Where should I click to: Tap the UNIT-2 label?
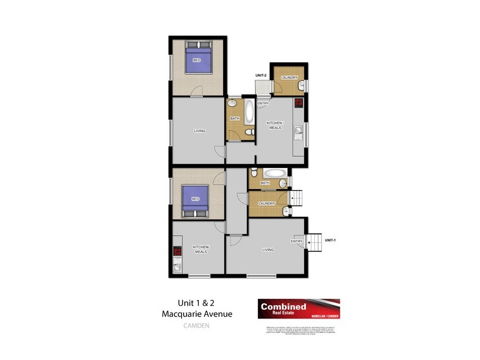click(x=260, y=75)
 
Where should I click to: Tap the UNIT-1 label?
click(x=330, y=240)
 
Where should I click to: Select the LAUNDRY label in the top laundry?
click(x=289, y=77)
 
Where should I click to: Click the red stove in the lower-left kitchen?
click(x=177, y=253)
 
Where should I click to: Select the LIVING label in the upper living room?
click(x=200, y=131)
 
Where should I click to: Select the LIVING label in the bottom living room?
click(x=268, y=250)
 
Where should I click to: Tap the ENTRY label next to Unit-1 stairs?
click(x=296, y=241)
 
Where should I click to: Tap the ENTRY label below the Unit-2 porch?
click(x=263, y=104)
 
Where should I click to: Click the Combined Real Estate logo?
click(x=299, y=310)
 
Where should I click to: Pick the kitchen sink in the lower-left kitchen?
click(x=177, y=268)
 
